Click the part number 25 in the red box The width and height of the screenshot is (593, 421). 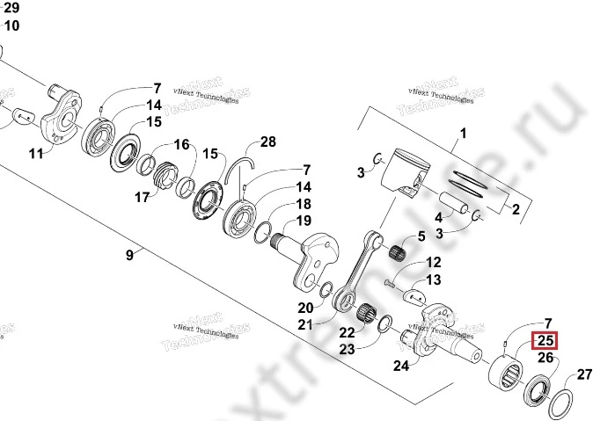pyautogui.click(x=545, y=341)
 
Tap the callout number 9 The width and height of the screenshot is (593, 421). pyautogui.click(x=129, y=255)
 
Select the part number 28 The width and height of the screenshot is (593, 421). pyautogui.click(x=267, y=142)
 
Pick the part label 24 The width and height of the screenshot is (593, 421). pyautogui.click(x=400, y=366)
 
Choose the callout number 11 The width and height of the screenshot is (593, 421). pyautogui.click(x=35, y=154)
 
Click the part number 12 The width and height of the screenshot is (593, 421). pyautogui.click(x=433, y=263)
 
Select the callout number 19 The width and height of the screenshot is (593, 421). pyautogui.click(x=302, y=220)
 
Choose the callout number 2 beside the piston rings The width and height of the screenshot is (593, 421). pyautogui.click(x=516, y=208)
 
